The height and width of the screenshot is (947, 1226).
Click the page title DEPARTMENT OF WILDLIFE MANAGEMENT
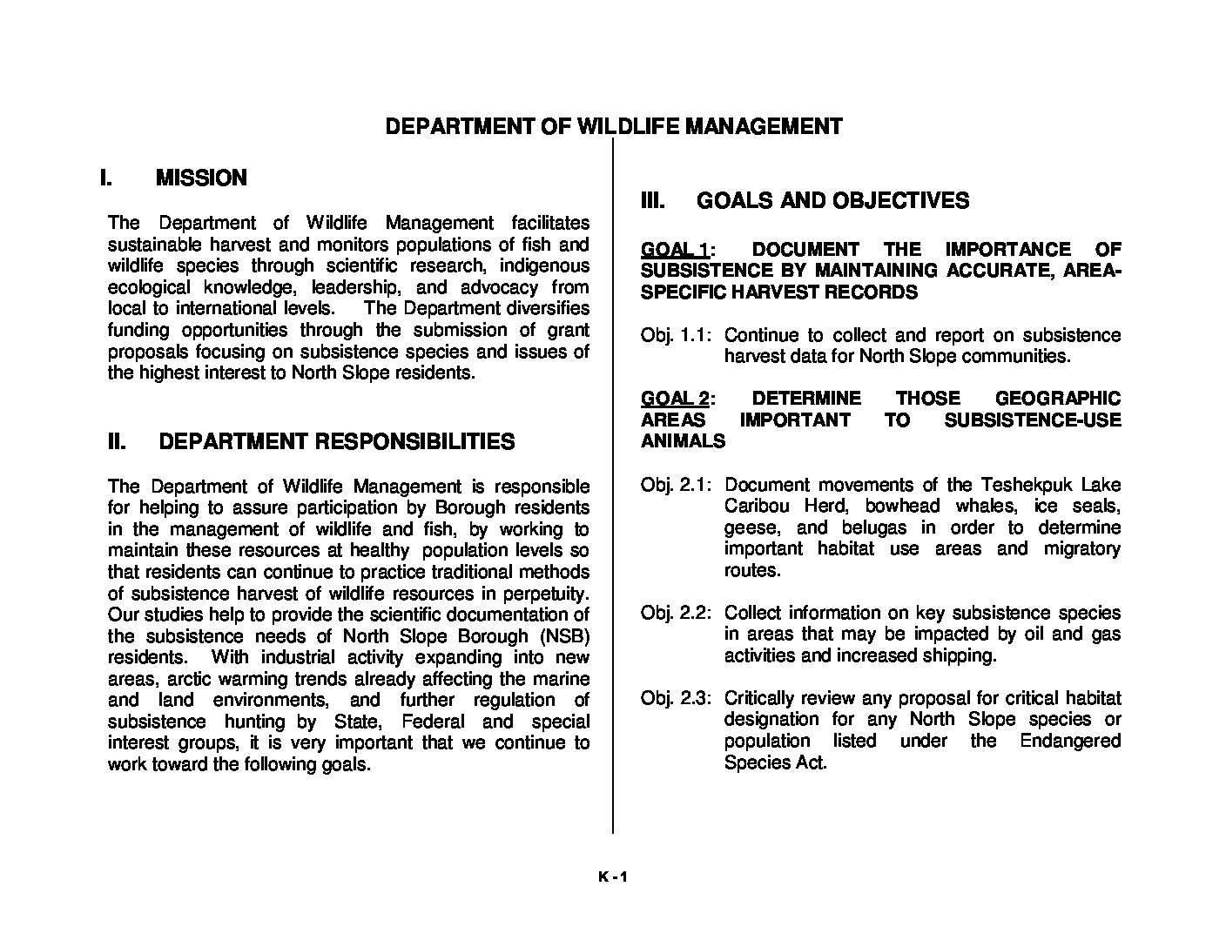pyautogui.click(x=613, y=127)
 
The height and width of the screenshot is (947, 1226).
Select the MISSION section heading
pyautogui.click(x=201, y=178)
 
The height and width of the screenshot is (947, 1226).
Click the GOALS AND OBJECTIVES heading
pyautogui.click(x=832, y=201)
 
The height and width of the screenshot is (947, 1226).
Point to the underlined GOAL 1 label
pyautogui.click(x=674, y=250)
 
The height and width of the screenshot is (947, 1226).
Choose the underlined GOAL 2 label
pyautogui.click(x=674, y=399)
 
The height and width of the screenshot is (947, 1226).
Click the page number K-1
pyautogui.click(x=612, y=877)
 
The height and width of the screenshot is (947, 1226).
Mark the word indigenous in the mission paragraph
pyautogui.click(x=542, y=265)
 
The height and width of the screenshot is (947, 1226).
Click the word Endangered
pyautogui.click(x=1070, y=741)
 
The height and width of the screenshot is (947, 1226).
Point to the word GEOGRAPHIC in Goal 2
pyautogui.click(x=1057, y=399)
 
